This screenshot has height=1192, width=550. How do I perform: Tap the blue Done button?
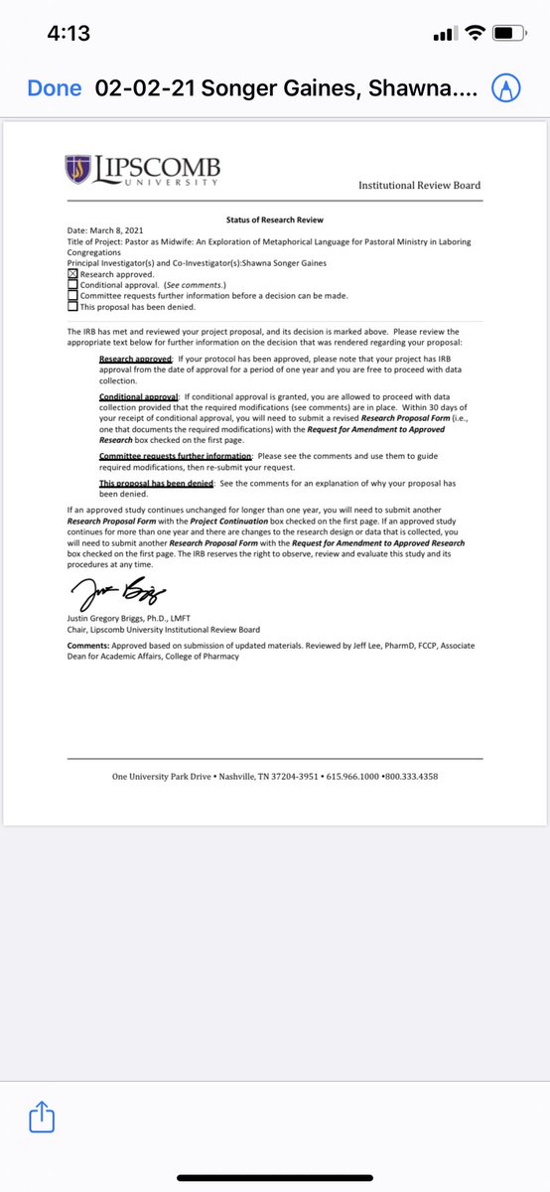55,88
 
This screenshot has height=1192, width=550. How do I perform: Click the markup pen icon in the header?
508,88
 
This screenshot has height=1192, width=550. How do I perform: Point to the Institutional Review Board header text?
419,185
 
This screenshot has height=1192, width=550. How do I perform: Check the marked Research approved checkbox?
72,273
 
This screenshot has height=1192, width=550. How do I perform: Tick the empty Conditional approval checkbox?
72,284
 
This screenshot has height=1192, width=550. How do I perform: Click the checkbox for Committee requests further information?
72,295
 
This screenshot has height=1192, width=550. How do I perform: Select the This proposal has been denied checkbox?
72,306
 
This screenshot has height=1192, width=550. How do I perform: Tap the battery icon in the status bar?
507,34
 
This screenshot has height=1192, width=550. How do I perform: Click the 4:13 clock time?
69,34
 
